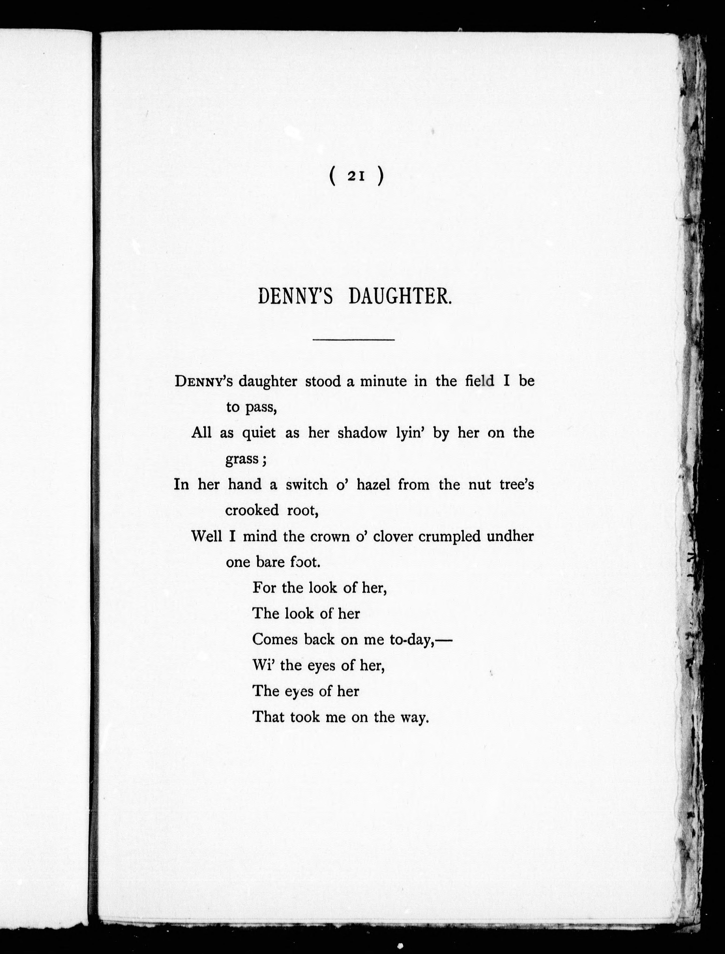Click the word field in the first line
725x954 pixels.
479,381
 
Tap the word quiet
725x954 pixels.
258,433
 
